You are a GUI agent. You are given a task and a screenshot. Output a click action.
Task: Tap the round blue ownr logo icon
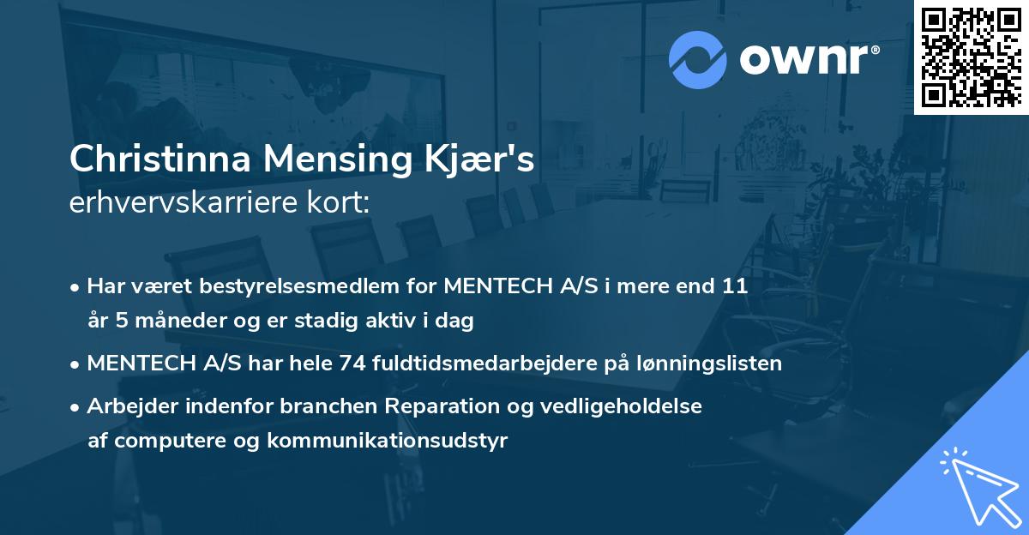[696, 57]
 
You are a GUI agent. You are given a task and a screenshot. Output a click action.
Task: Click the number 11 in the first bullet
[736, 286]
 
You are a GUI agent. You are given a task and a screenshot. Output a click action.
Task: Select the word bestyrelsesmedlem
[264, 286]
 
